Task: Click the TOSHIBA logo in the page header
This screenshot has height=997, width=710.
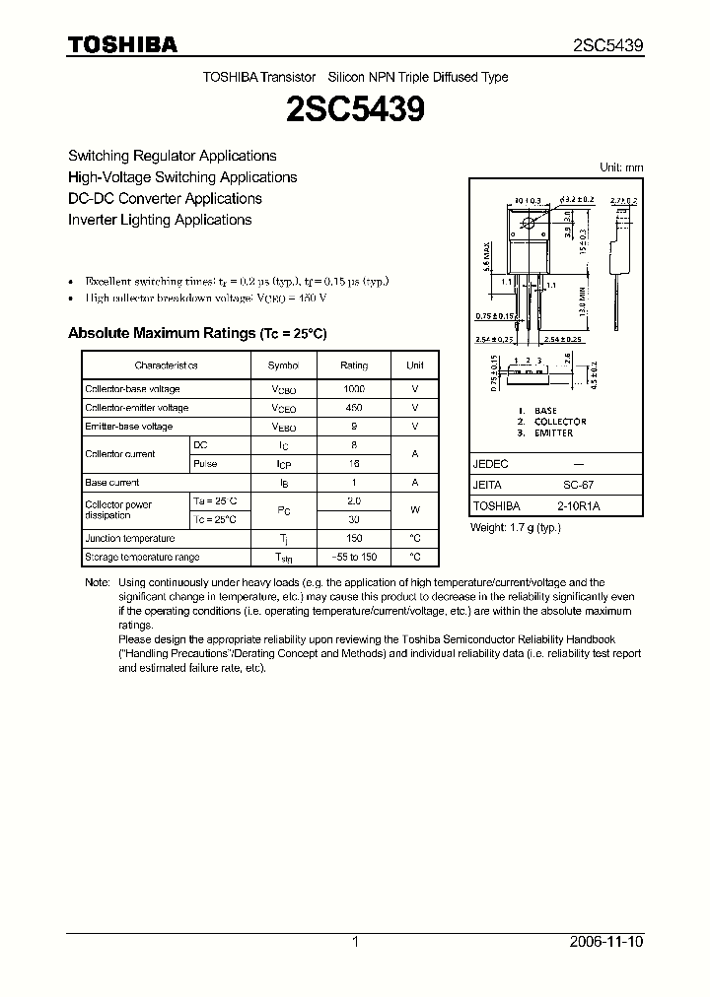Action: pyautogui.click(x=122, y=44)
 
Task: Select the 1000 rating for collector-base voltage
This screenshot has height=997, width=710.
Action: pyautogui.click(x=354, y=389)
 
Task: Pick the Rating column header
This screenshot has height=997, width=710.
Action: pyautogui.click(x=354, y=366)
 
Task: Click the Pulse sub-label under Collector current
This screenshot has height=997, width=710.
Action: pyautogui.click(x=205, y=464)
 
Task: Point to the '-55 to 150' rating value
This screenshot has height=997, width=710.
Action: pyautogui.click(x=354, y=558)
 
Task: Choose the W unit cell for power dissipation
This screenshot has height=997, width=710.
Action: pyautogui.click(x=414, y=510)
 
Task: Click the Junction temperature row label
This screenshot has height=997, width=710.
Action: pyautogui.click(x=129, y=539)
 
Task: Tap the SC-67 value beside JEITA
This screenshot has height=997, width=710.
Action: pyautogui.click(x=578, y=485)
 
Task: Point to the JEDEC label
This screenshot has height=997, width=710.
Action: pyautogui.click(x=490, y=463)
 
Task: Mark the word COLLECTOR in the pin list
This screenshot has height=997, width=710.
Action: pyautogui.click(x=560, y=422)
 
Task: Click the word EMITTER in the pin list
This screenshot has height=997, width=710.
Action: pyautogui.click(x=554, y=433)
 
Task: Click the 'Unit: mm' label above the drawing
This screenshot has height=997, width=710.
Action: pyautogui.click(x=621, y=167)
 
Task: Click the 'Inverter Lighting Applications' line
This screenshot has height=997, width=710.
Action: pyautogui.click(x=160, y=220)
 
